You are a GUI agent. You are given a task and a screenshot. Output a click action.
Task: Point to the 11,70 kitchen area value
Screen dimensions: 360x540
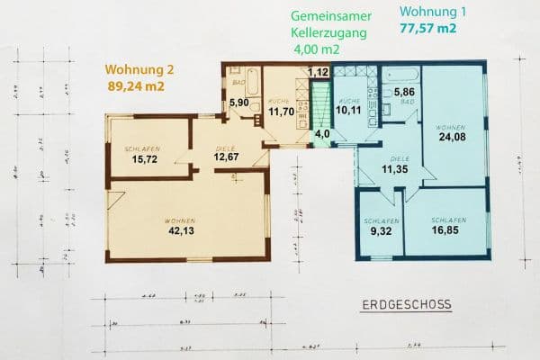coord(283,112)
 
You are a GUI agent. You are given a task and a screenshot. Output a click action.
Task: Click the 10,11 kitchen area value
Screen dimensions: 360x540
coord(347,112)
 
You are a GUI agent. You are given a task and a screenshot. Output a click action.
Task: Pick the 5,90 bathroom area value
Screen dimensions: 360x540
coord(238,103)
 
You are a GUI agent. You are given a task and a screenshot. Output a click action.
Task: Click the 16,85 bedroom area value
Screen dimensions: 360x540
coord(447,231)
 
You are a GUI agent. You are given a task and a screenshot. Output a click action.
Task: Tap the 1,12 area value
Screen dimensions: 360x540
coord(318,71)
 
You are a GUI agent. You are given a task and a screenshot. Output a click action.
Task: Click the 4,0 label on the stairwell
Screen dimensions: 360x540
coord(321,135)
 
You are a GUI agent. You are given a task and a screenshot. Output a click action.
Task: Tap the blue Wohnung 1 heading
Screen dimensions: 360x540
coord(427,12)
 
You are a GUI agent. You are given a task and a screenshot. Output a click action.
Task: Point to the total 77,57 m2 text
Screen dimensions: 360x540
coord(427,29)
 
